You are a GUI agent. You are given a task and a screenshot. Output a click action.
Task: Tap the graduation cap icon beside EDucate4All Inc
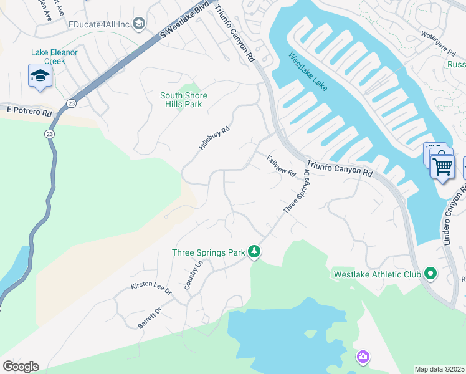(138, 24)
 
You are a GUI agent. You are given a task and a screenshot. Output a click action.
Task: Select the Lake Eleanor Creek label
(54, 57)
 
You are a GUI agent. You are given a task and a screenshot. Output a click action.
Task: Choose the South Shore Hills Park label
(183, 100)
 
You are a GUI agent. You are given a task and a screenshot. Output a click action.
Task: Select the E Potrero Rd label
(29, 110)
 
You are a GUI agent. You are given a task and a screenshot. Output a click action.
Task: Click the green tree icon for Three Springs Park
(254, 251)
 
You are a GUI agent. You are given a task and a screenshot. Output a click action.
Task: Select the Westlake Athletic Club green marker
(429, 273)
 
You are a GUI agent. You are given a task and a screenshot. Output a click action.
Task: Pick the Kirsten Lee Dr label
(151, 285)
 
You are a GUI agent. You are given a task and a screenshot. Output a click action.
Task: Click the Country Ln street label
(194, 275)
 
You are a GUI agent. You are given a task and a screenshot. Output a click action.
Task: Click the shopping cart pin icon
(442, 166)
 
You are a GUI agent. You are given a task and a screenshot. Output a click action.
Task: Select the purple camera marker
(363, 357)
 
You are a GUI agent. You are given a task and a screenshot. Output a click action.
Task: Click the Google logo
(21, 367)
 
